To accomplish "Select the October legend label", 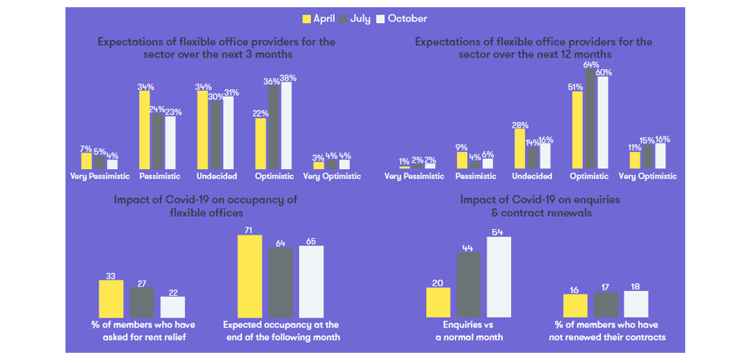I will [407, 19].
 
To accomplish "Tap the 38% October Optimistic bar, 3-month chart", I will [287, 126].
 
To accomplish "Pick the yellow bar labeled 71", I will [250, 276].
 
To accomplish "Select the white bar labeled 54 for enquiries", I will [499, 277].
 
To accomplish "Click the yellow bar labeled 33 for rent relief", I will [111, 299].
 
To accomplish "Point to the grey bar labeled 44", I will [468, 285].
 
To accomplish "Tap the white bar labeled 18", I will [636, 304].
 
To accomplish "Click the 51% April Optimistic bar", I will [577, 130].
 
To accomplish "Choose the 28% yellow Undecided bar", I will [520, 149].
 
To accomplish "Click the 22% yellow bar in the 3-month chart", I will [261, 144].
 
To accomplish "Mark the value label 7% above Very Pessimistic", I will [86, 148].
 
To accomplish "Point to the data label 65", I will [311, 240].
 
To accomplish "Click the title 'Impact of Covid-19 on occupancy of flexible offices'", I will [205, 206].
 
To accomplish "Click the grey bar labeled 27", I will [142, 302].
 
